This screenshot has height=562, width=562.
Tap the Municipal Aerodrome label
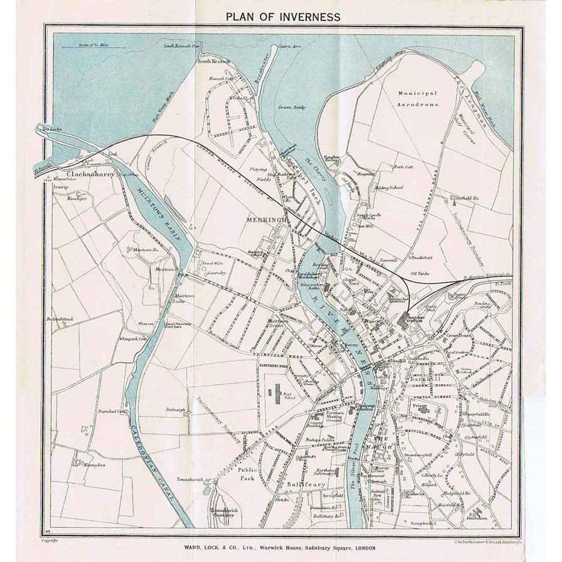418,99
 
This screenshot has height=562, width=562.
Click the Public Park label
248,474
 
